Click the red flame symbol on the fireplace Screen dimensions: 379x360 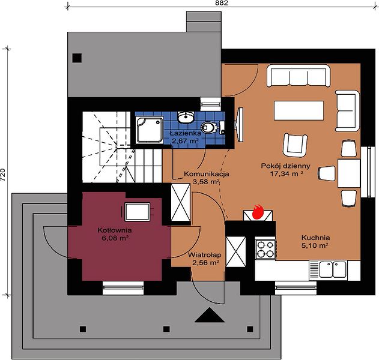pyautogui.click(x=258, y=212)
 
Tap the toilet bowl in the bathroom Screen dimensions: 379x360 pyautogui.click(x=210, y=127)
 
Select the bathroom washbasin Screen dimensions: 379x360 pyautogui.click(x=186, y=118)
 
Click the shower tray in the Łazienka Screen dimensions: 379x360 pyautogui.click(x=150, y=130)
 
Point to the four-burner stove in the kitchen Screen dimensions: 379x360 pyautogui.click(x=265, y=250)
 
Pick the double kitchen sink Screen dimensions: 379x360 pyautogui.click(x=333, y=269)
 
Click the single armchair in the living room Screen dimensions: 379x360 pyautogui.click(x=295, y=145)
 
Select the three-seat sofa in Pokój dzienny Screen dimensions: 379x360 pyautogui.click(x=299, y=76)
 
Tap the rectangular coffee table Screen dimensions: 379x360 pyautogui.click(x=299, y=110)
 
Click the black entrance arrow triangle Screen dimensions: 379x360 pyautogui.click(x=210, y=315)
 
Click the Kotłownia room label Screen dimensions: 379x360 pyautogui.click(x=115, y=230)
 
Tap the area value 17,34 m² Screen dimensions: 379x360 pyautogui.click(x=287, y=173)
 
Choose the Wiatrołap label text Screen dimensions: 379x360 pyautogui.click(x=204, y=255)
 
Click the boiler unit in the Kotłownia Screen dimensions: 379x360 pyautogui.click(x=138, y=212)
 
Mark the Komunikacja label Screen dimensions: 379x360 pyautogui.click(x=207, y=174)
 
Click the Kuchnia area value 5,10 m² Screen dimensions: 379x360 pyautogui.click(x=315, y=245)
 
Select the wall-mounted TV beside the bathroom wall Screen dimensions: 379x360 pyautogui.click(x=240, y=125)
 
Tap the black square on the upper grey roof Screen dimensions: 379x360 pyautogui.click(x=77, y=58)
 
